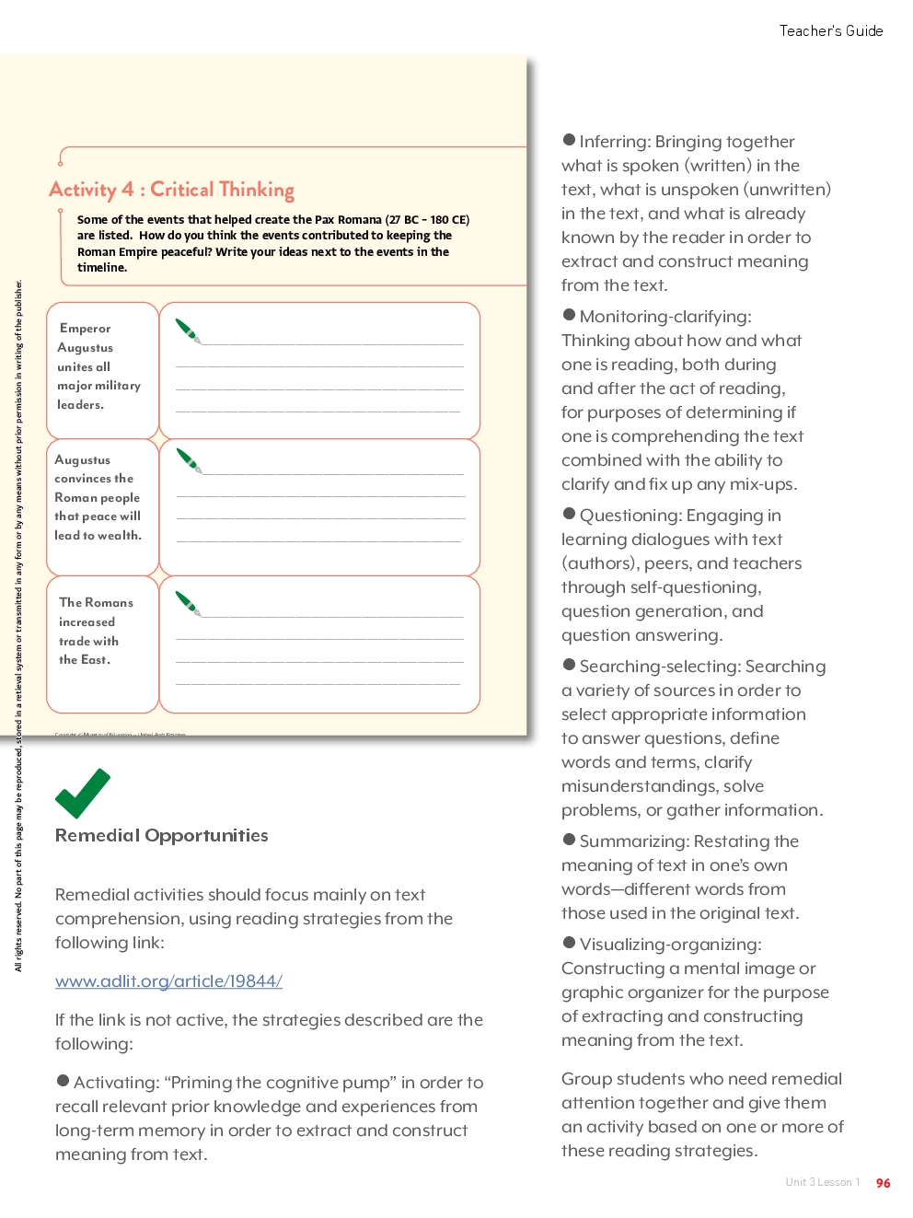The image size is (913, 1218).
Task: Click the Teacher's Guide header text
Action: (830, 31)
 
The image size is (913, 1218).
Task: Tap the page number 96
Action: (883, 1183)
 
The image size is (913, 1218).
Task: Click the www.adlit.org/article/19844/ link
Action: (168, 981)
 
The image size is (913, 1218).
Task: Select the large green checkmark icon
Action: (82, 793)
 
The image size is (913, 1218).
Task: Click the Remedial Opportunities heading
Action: (162, 836)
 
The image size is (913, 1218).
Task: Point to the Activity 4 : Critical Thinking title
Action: (171, 190)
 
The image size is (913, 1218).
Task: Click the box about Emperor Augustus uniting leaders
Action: (102, 369)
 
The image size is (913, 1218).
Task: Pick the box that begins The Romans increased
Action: (102, 644)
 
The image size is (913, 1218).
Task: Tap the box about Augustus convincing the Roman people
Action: (102, 506)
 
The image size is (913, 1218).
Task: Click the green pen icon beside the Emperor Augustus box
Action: (188, 331)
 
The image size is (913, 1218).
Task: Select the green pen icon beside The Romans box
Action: (188, 604)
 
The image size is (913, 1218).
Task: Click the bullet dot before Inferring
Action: (569, 140)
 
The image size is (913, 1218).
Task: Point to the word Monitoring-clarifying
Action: (665, 317)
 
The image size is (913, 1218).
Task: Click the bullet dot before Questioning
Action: (569, 514)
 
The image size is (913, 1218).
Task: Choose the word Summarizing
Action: (634, 841)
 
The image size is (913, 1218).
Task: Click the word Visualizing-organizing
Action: (670, 945)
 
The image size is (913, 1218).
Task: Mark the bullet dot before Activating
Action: (63, 1081)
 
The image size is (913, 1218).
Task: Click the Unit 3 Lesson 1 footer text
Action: (822, 1183)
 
